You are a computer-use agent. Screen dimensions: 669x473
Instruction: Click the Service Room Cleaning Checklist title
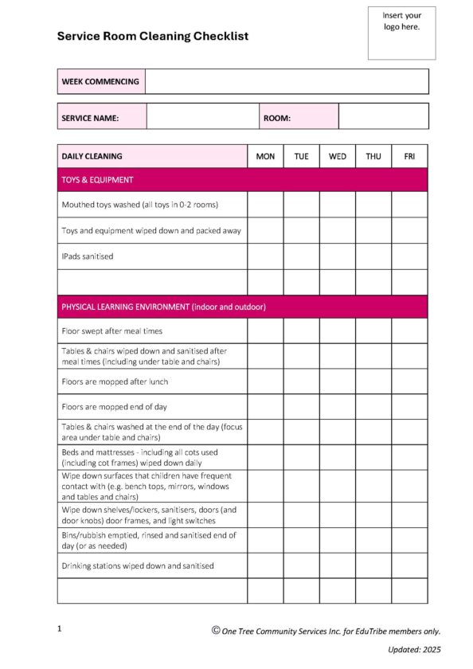click(x=153, y=36)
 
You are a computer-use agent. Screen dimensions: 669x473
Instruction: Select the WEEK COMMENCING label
click(x=100, y=81)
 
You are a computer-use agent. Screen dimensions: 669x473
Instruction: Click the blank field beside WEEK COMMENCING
click(x=287, y=81)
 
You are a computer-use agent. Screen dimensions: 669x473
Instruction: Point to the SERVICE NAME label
click(x=90, y=118)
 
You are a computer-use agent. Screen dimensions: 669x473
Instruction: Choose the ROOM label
click(x=277, y=118)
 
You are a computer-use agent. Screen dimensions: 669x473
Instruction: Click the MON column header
click(x=265, y=156)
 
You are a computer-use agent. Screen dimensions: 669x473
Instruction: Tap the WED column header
click(x=338, y=156)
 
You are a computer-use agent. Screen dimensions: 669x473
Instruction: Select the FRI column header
click(x=409, y=156)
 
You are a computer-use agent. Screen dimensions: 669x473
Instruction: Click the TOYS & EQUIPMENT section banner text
click(x=97, y=180)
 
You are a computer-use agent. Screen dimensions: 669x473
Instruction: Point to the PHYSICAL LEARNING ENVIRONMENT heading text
click(x=163, y=307)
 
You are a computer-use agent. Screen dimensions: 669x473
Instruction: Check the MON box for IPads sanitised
click(x=265, y=256)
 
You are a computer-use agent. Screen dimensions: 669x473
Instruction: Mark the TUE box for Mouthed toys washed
click(x=301, y=205)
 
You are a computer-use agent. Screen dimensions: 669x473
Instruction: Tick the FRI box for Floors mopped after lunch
click(x=409, y=381)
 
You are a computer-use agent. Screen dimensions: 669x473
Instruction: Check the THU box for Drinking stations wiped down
click(x=373, y=565)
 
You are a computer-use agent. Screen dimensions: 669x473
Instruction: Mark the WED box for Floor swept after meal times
click(x=338, y=331)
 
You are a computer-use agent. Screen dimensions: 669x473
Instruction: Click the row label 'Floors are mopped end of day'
click(x=115, y=407)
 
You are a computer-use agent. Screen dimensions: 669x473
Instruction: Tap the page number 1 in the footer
click(x=60, y=629)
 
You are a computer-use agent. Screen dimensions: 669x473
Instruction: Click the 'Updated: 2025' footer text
click(x=414, y=650)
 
